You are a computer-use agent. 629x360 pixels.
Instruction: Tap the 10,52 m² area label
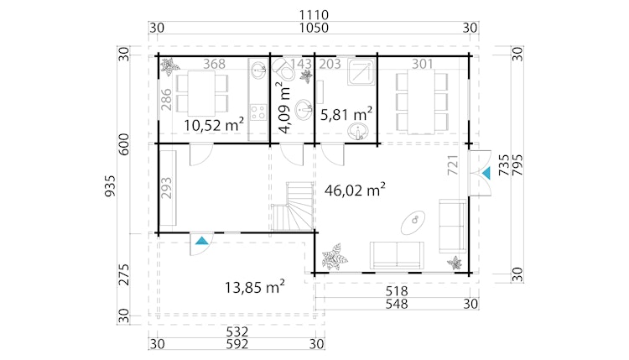pyautogui.click(x=214, y=125)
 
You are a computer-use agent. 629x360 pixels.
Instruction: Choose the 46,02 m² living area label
pyautogui.click(x=354, y=190)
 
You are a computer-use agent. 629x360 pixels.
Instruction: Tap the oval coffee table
pyautogui.click(x=413, y=221)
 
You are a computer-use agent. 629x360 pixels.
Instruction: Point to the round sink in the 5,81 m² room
pyautogui.click(x=361, y=131)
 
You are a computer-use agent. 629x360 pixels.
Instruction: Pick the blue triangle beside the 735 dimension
pyautogui.click(x=486, y=173)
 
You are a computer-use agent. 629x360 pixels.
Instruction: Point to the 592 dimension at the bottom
pyautogui.click(x=233, y=342)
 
